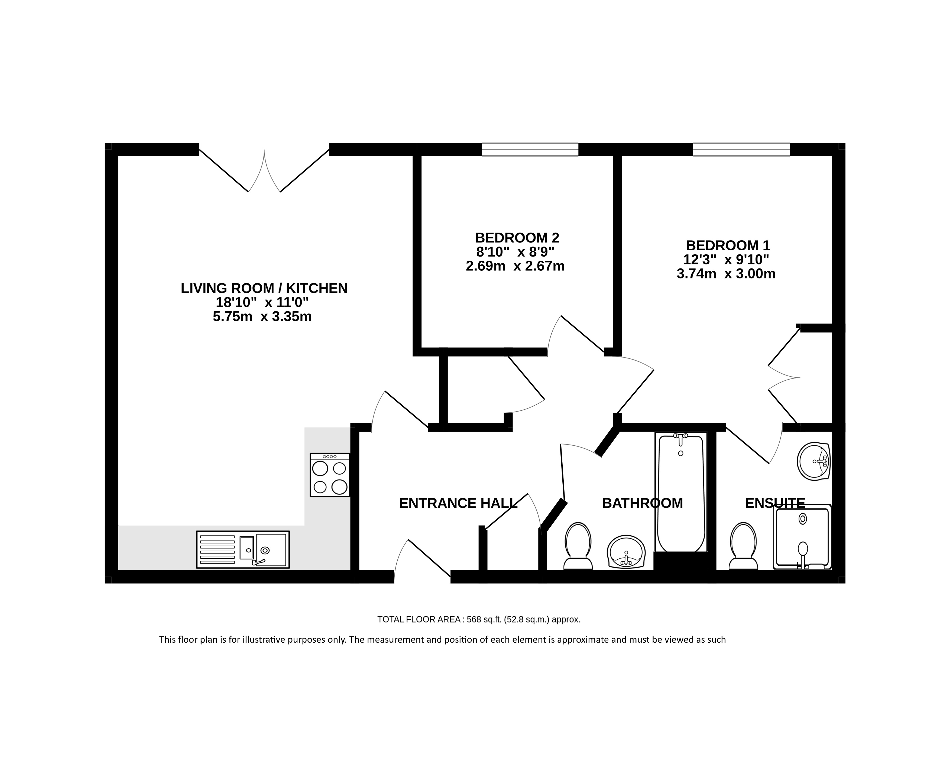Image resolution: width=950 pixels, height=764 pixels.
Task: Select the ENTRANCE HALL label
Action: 458,503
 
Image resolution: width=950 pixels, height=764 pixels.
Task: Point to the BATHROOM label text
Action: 643,503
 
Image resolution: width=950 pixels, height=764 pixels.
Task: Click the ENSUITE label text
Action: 775,503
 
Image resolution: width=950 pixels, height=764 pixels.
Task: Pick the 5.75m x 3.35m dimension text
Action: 262,316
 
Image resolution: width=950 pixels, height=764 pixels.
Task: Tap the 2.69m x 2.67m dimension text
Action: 515,266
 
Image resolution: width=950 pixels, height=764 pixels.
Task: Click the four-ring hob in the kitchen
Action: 330,475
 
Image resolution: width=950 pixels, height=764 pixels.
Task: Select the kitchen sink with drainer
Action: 243,549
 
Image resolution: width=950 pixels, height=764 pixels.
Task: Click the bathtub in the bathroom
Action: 681,493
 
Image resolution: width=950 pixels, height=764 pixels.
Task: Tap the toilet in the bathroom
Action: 578,546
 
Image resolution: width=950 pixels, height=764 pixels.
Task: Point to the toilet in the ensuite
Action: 743,546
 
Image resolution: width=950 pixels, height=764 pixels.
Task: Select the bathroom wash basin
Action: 626,552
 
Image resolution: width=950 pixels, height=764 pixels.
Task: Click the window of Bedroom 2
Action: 530,149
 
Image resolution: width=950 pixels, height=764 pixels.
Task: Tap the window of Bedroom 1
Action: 742,149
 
